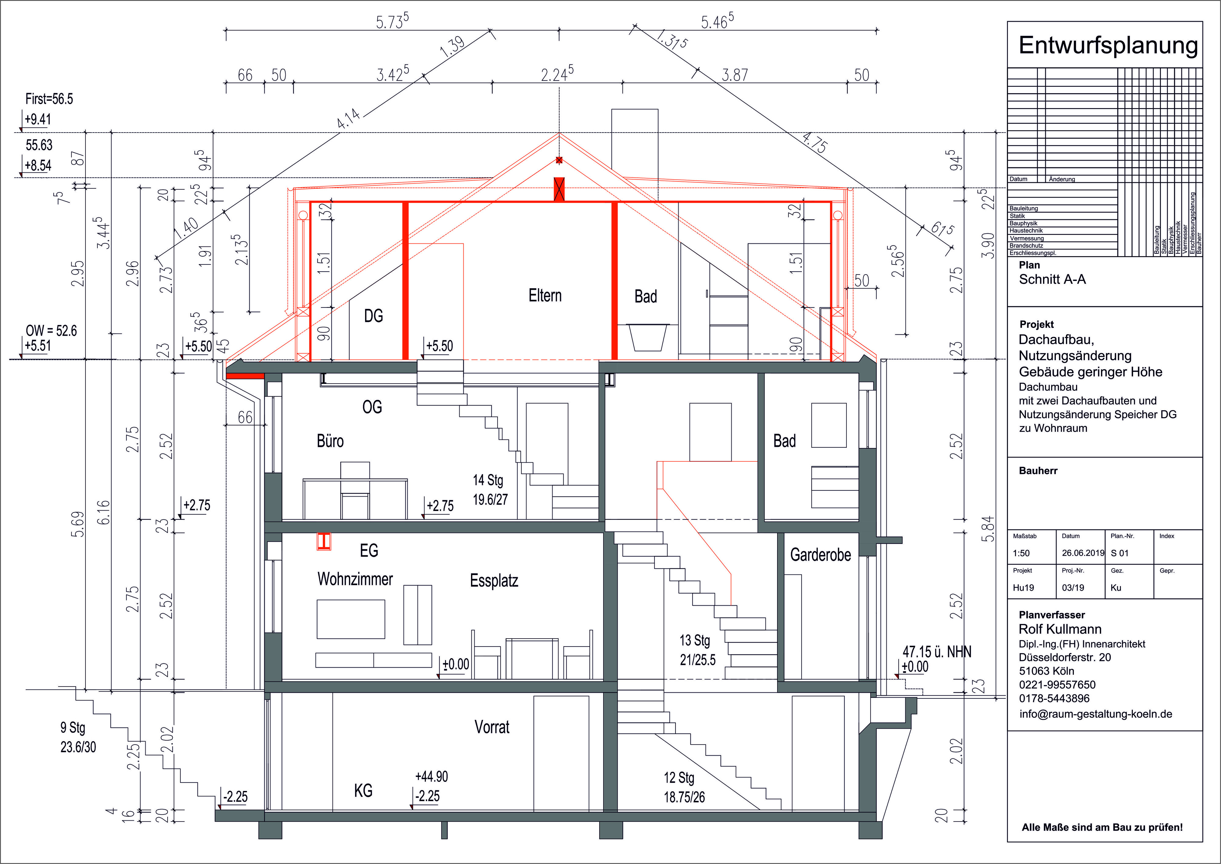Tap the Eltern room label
[x=545, y=295]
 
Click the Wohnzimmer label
[x=355, y=579]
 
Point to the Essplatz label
[x=494, y=581]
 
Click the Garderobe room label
[x=820, y=555]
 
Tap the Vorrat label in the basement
[x=491, y=727]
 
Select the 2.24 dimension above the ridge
[x=557, y=74]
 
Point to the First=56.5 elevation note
[x=49, y=99]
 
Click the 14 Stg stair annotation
[x=488, y=480]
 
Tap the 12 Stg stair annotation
[x=679, y=778]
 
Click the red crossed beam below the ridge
[x=559, y=189]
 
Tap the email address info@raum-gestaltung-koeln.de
[x=1096, y=714]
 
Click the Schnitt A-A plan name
[x=1052, y=279]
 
